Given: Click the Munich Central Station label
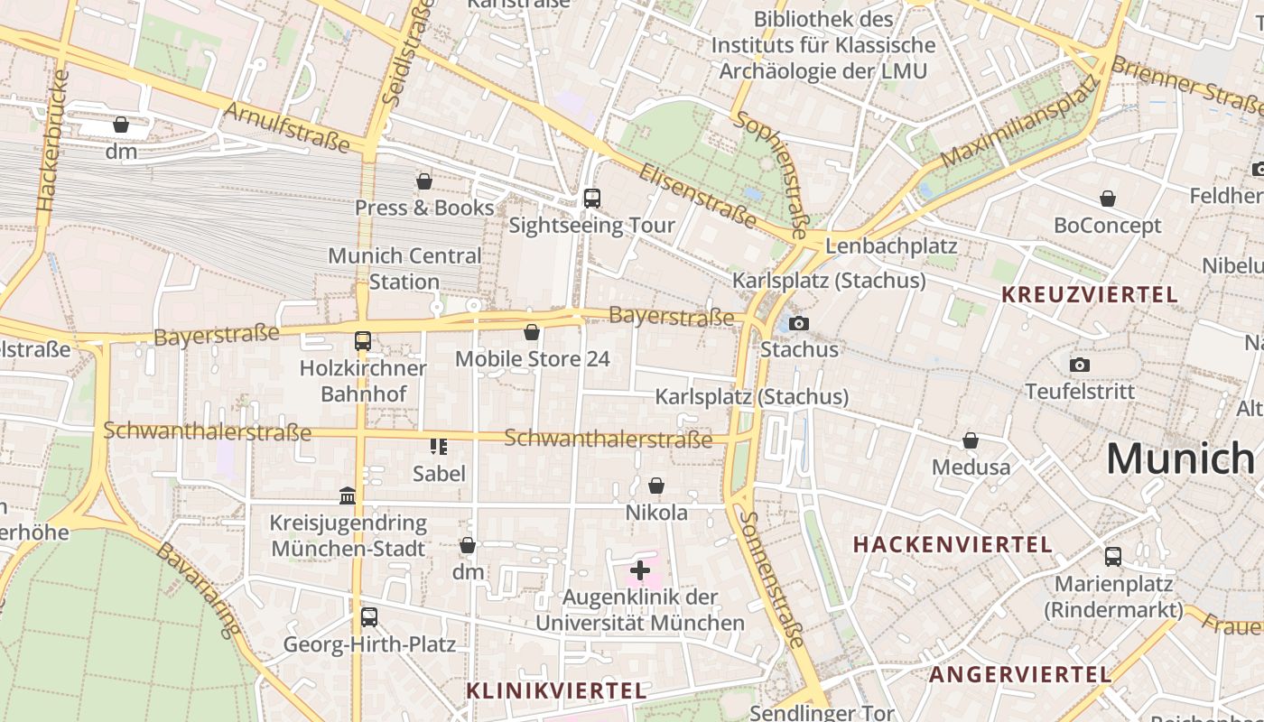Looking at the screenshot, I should pos(404,269).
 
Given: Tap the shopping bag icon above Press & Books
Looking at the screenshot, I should pos(423,182).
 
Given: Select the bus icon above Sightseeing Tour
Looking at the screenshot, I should pos(592,199).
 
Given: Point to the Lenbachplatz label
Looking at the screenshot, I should pos(890,245).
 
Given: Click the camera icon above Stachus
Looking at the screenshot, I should pos(799,323).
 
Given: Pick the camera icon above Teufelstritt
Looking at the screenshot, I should pos(1079,366).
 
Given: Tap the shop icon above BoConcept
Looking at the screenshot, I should pos(1108,199).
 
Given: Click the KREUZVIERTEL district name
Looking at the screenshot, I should pos(1090,295).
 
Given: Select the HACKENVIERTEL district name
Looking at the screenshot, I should pos(953,544).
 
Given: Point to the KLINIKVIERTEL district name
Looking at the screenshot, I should pos(556,690).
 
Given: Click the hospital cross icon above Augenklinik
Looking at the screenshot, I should pos(640,570).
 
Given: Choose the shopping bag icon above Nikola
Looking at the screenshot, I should pos(656,486).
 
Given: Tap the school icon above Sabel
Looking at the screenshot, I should pos(439,446).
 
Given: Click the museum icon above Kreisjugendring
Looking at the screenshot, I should pos(348,495).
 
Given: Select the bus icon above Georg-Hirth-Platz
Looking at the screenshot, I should pos(368,617).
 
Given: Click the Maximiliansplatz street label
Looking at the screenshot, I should pos(1019,123).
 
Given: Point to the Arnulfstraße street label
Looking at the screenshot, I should pos(285,126).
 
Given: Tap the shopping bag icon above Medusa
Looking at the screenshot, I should pos(971,441).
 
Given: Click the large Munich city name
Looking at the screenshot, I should pos(1180,458).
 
